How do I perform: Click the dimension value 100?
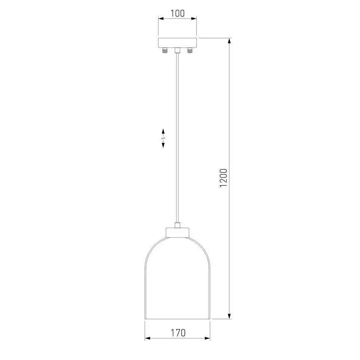pos(178,13)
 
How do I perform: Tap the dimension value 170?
pos(178,333)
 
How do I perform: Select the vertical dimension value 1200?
pos(224,178)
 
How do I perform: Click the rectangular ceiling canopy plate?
pos(178,43)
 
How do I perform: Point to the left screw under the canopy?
pos(165,50)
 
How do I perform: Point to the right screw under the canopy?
pos(190,50)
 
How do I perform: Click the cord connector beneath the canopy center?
pos(177,50)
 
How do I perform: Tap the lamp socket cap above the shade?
pos(177,232)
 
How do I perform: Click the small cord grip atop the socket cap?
pos(177,225)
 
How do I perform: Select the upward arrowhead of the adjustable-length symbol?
pos(163,131)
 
